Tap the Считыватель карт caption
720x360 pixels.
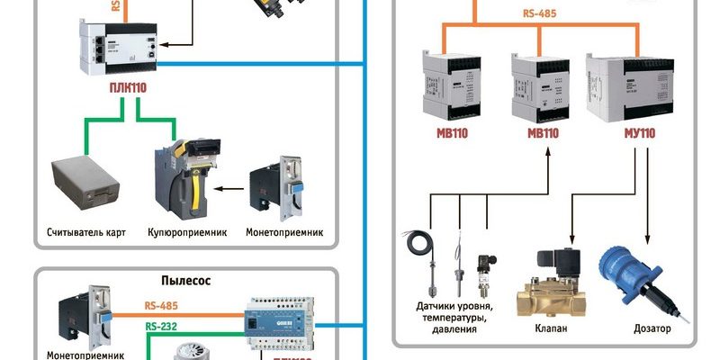click(x=85, y=232)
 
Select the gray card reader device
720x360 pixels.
click(x=83, y=180)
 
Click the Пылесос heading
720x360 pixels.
click(x=185, y=280)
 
